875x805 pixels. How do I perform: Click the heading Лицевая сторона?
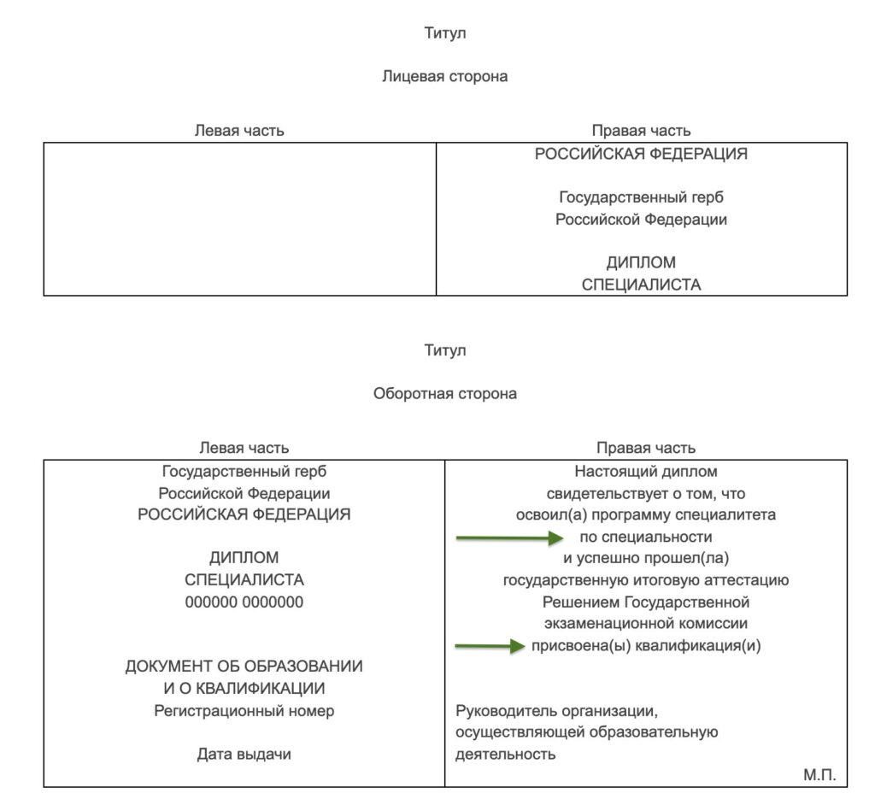point(444,76)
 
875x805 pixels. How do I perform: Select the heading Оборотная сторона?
point(444,394)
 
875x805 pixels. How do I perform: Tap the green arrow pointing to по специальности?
point(510,538)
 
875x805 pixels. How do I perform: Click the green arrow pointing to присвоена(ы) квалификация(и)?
point(490,646)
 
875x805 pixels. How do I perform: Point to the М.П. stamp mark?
point(819,775)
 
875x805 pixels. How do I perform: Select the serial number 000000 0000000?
point(244,602)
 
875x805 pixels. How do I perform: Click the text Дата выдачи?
point(244,755)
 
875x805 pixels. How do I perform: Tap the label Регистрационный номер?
point(244,711)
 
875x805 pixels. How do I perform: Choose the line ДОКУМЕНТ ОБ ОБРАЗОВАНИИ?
point(244,667)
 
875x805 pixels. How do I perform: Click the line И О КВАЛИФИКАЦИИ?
point(244,688)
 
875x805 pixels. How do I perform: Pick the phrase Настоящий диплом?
point(646,472)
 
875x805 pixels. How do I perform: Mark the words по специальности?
point(646,537)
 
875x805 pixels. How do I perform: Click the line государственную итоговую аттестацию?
point(646,580)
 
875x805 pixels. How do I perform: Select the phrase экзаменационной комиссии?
point(646,624)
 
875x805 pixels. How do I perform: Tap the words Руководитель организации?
point(556,711)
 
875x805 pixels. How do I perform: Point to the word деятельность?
point(506,755)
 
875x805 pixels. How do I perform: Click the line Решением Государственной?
point(646,602)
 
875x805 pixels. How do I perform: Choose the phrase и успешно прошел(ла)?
point(646,558)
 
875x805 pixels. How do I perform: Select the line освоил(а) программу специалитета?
point(646,514)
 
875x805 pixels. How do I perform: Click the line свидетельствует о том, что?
point(646,493)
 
